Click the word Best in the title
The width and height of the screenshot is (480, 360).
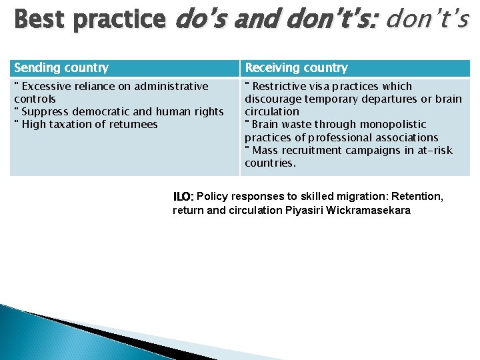coord(39,20)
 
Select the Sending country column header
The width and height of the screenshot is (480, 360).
coord(61,67)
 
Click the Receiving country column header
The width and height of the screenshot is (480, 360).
coord(296,67)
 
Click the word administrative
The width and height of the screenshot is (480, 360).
coord(171,86)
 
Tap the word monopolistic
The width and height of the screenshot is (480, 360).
coord(393,124)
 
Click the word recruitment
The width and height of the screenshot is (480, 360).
coord(311,150)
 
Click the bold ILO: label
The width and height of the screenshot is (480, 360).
coord(183,197)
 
